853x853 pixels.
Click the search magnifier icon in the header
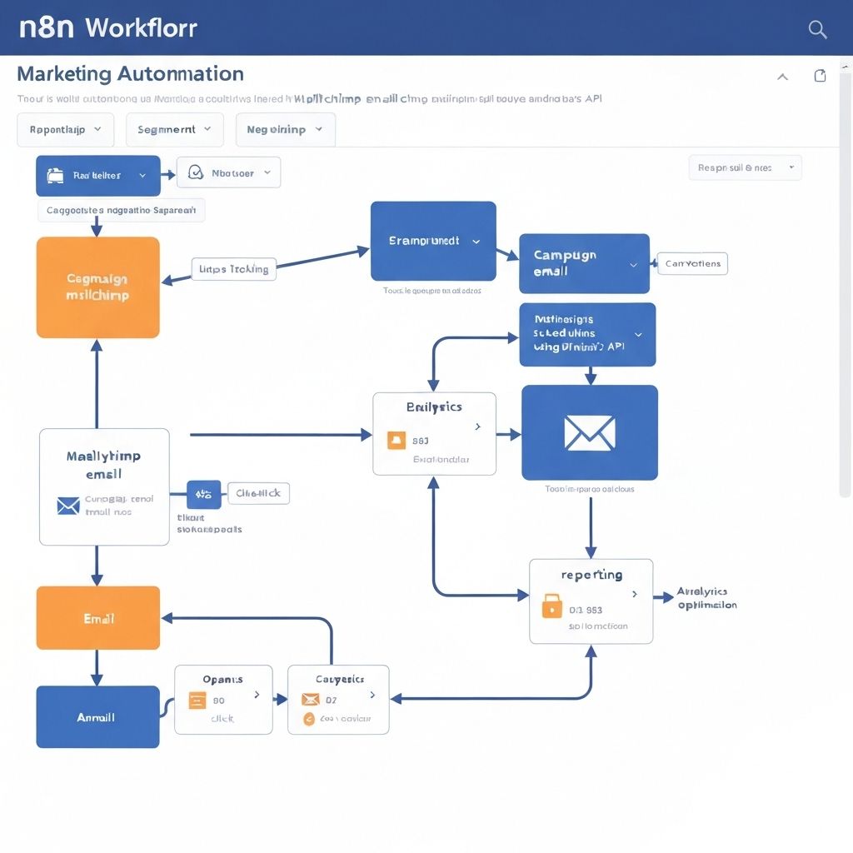coord(817,30)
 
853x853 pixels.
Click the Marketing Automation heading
coord(130,73)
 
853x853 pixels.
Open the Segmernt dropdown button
coord(174,130)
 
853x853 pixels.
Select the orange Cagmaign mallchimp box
coord(98,287)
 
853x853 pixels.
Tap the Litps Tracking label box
coord(234,269)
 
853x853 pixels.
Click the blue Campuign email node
coord(584,263)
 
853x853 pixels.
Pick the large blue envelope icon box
coord(590,432)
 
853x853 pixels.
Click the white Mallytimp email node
coord(104,486)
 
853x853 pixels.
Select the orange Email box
coord(98,618)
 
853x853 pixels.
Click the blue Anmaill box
coord(97,716)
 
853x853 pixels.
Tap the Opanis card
coord(223,699)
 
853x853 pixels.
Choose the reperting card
coord(591,601)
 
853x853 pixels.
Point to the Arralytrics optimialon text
coord(706,598)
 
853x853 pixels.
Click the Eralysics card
coord(434,433)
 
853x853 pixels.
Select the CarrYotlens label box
coord(692,264)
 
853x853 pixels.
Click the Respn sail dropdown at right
coord(745,167)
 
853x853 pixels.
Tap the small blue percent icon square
coord(204,494)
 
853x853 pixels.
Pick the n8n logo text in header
coord(47,27)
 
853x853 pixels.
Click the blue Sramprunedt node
coord(433,241)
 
